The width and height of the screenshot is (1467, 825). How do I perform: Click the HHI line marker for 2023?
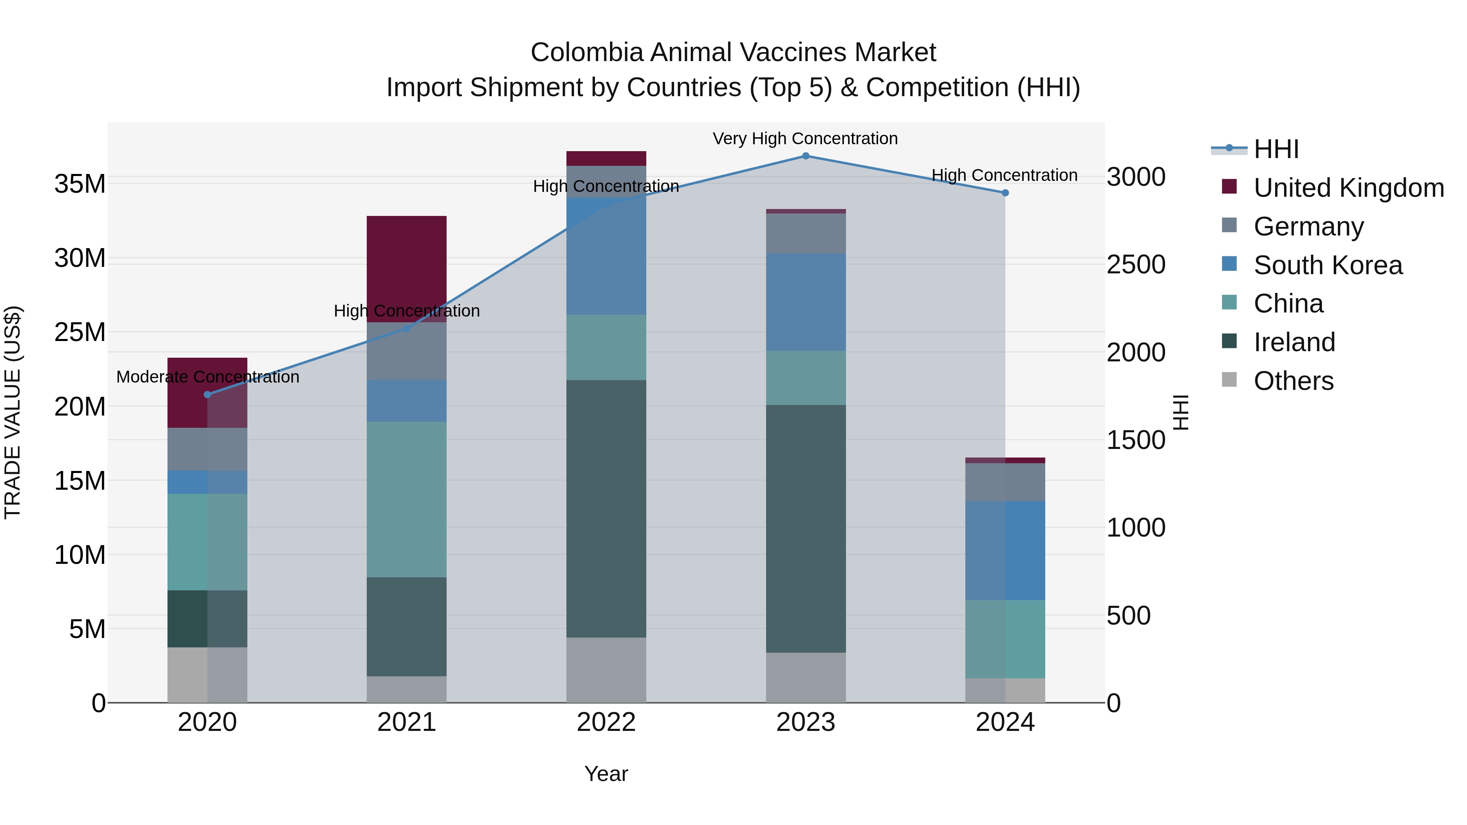(805, 156)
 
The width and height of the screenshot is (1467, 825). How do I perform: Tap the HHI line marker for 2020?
(207, 394)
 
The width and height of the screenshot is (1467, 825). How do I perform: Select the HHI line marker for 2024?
(1005, 193)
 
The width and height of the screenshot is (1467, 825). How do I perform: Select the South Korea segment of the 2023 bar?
(805, 302)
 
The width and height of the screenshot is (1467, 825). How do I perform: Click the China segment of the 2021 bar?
(407, 499)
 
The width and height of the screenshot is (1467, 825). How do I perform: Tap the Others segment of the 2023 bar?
(805, 678)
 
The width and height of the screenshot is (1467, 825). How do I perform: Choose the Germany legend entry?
(1308, 227)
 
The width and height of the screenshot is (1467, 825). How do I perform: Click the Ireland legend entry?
(1294, 342)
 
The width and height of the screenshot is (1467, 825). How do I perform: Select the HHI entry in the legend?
(1275, 149)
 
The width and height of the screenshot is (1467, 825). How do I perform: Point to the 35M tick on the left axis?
(80, 184)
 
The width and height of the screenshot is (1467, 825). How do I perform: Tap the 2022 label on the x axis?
(606, 722)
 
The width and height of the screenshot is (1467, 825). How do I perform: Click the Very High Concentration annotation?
(805, 139)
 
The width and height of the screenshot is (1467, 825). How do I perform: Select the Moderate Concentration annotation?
(207, 377)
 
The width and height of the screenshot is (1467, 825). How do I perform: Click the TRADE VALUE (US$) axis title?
(13, 412)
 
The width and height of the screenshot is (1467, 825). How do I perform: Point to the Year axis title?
(606, 774)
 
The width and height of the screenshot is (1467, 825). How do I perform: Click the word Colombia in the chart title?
(586, 53)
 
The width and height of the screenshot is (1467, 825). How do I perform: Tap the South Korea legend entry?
(1328, 265)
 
